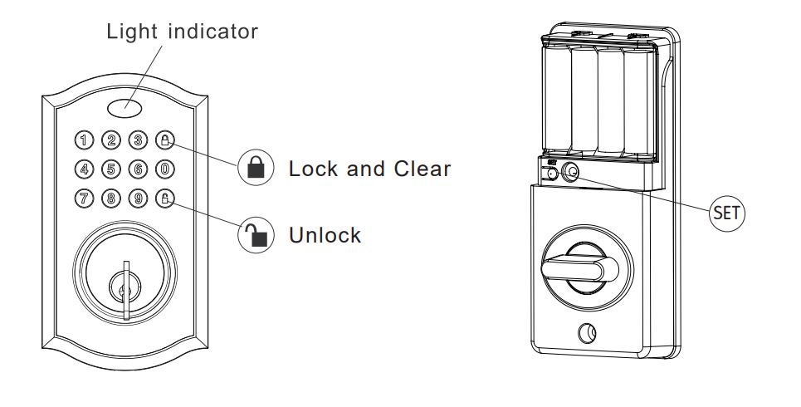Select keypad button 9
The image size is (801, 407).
[x=139, y=199]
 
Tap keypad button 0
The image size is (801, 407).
[x=166, y=169]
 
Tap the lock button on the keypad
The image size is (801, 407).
[x=166, y=140]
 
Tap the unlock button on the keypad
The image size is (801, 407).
[x=166, y=199]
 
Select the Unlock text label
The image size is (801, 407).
[x=325, y=235]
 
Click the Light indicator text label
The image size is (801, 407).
[x=182, y=32]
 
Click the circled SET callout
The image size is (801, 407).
[x=727, y=212]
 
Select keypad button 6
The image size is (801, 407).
[x=139, y=169]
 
